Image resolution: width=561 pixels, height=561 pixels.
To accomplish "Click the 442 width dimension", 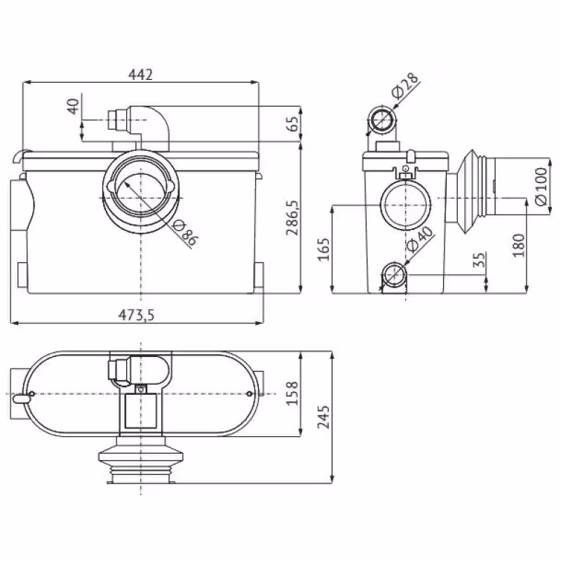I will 140,74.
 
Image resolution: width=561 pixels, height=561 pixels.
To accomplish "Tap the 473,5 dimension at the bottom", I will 138,315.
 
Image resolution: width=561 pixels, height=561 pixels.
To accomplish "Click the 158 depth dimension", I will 292,393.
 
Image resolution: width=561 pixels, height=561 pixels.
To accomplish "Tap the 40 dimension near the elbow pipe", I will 72,107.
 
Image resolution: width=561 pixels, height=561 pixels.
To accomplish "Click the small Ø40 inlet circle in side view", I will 394,275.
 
